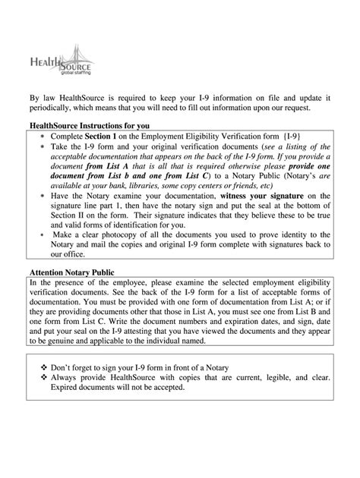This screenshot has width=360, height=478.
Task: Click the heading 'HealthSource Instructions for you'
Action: pos(89,124)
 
